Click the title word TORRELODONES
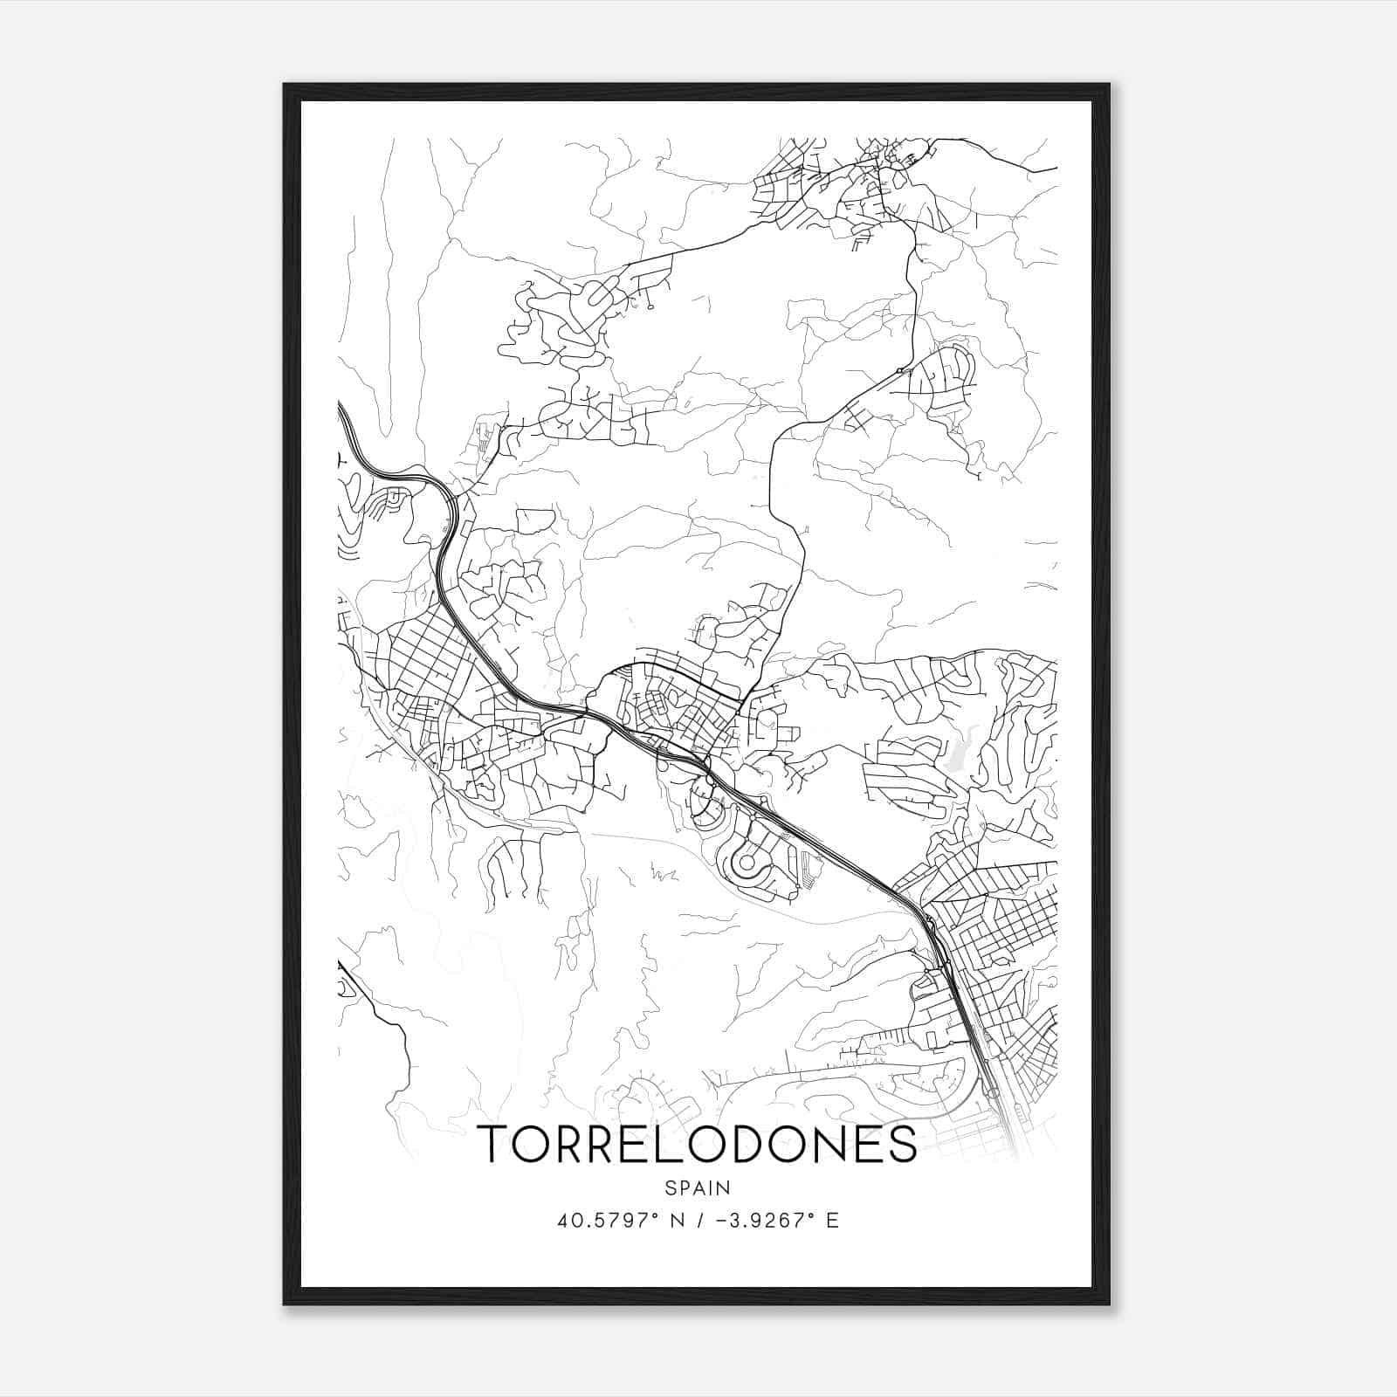697,1144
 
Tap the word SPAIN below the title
697,1187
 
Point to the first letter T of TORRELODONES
495,1144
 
